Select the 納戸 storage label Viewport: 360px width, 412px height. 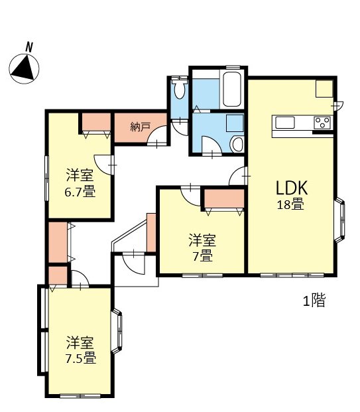140,125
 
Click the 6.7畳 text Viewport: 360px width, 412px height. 80,193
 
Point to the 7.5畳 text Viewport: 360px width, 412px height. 80,359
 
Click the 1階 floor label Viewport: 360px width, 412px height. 314,301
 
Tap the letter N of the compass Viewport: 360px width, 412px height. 29,47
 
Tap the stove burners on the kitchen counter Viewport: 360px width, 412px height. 322,122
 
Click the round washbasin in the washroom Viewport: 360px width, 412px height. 237,145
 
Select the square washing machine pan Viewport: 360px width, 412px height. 233,123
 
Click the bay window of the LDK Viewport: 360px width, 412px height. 341,220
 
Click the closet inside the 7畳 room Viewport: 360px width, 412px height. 223,199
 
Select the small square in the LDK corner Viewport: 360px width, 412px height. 324,88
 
